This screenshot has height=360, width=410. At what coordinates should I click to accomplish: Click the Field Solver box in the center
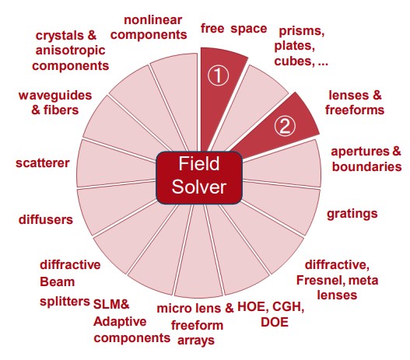click(199, 177)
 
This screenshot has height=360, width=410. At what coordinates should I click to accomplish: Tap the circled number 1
click(218, 75)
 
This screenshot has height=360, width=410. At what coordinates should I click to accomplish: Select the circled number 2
click(285, 126)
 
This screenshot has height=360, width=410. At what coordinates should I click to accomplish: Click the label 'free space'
click(233, 28)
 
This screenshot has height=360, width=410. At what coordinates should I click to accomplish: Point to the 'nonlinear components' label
click(149, 27)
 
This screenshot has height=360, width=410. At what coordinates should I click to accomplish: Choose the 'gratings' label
click(352, 214)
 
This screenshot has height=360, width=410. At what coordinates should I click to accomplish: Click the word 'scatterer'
click(42, 163)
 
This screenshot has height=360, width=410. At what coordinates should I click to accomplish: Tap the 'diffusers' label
click(46, 219)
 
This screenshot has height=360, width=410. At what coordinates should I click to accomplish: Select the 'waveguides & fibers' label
click(55, 103)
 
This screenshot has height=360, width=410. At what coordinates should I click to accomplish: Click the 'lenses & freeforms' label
click(355, 103)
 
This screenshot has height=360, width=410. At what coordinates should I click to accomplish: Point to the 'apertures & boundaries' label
click(366, 159)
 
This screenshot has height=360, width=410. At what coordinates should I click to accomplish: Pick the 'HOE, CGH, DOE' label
click(271, 314)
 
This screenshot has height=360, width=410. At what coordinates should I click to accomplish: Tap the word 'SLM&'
click(111, 304)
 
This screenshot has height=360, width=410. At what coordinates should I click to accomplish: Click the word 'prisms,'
click(302, 31)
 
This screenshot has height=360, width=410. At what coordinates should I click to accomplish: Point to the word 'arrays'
click(196, 341)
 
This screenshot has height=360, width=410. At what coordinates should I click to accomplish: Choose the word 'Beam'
click(58, 282)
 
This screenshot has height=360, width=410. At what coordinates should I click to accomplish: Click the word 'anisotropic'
click(70, 51)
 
